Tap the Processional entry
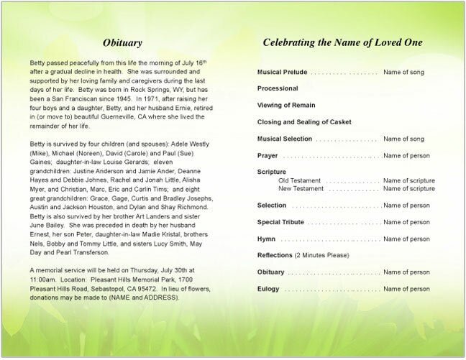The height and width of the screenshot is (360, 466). pyautogui.click(x=278, y=89)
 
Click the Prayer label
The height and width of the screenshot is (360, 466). pyautogui.click(x=268, y=155)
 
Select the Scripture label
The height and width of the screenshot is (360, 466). pyautogui.click(x=272, y=172)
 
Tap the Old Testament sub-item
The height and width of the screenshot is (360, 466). pyautogui.click(x=299, y=180)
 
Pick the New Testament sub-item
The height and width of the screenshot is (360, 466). pyautogui.click(x=301, y=188)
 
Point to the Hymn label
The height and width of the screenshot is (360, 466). pyautogui.click(x=266, y=239)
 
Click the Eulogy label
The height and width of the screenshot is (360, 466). pyautogui.click(x=268, y=289)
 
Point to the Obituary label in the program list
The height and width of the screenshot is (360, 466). pyautogui.click(x=270, y=272)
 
